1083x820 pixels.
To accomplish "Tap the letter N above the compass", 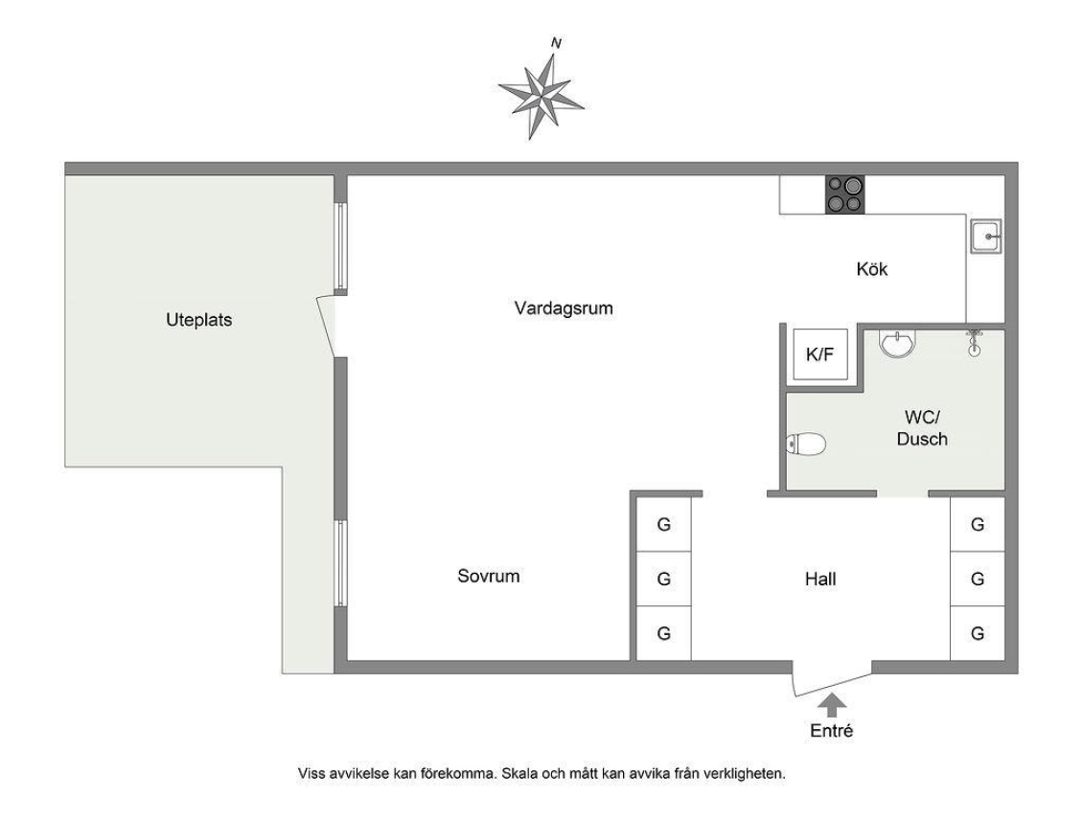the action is [x=556, y=43].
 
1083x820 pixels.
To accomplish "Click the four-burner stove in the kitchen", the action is [x=844, y=194].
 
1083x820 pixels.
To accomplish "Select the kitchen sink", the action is [x=985, y=236].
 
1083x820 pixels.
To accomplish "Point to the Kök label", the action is [x=871, y=268].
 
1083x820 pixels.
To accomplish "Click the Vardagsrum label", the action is [x=564, y=307].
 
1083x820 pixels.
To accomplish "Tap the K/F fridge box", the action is [x=819, y=354].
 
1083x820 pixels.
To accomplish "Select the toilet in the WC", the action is [x=806, y=444].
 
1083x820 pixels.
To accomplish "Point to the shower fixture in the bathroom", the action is [x=974, y=342].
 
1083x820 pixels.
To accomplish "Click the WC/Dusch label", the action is [x=922, y=428].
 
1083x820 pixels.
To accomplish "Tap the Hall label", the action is [x=820, y=579].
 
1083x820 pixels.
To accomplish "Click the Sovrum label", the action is [x=489, y=576].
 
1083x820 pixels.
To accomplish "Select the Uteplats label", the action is [x=199, y=320].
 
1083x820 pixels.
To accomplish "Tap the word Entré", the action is [x=832, y=730].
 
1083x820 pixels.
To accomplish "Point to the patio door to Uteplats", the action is [x=328, y=326].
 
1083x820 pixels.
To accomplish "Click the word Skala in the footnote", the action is [x=520, y=773].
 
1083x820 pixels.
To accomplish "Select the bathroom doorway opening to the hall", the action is [x=903, y=493].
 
